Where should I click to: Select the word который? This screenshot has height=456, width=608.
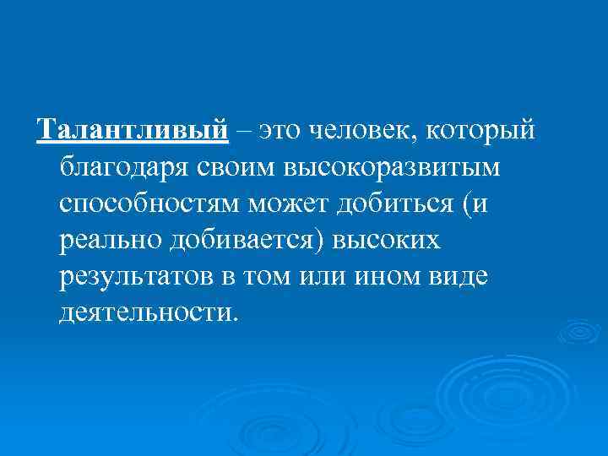[x=482, y=132]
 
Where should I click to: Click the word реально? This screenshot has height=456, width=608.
[x=111, y=242]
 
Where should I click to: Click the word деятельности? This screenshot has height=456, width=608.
[x=149, y=314]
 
